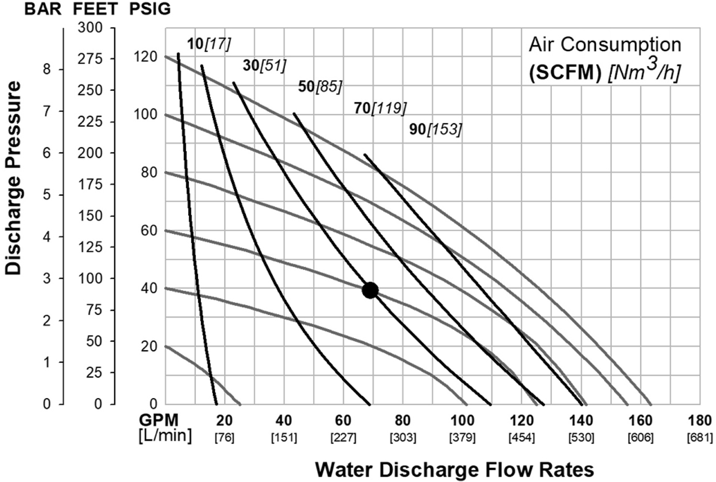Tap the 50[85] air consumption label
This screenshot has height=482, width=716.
pos(320,87)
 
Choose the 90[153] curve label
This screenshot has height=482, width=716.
pos(435,130)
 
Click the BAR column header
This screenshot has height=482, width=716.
pos(43,9)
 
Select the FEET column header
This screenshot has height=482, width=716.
pos(95,9)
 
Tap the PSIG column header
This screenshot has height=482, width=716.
pos(150,9)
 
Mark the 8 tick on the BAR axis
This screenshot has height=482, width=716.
pos(47,69)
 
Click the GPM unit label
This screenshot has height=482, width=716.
pos(159,420)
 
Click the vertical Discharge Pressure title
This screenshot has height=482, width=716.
pos(13,178)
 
